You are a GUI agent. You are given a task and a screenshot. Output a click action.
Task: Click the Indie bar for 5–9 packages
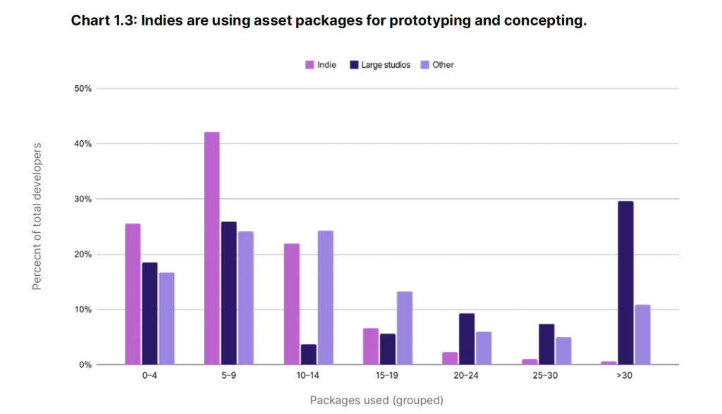(212, 248)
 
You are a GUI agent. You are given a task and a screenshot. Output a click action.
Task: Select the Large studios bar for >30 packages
(626, 283)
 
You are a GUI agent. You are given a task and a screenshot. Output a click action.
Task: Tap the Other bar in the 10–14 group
(326, 298)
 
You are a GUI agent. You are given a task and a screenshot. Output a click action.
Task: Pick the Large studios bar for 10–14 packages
(309, 355)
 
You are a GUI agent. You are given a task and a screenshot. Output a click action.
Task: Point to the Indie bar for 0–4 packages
(133, 294)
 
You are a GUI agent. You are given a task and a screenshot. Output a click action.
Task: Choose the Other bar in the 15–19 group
(405, 328)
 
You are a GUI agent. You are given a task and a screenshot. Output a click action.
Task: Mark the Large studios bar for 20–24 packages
(467, 339)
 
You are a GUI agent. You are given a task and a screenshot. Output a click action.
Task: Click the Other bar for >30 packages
(643, 335)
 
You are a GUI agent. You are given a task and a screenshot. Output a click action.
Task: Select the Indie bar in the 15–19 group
(371, 346)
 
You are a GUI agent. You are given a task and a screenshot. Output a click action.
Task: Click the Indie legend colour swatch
(310, 65)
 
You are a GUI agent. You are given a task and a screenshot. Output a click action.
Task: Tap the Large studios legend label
(386, 65)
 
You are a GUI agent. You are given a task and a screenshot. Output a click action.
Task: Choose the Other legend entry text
(443, 65)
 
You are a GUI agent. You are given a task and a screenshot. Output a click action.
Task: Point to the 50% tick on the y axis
(83, 88)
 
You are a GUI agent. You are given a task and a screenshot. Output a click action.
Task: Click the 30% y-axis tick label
(83, 199)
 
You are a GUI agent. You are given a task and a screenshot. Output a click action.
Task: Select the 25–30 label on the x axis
(545, 375)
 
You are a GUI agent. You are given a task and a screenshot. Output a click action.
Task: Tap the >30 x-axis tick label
(625, 375)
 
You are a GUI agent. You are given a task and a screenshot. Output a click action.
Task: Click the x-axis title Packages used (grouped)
(377, 400)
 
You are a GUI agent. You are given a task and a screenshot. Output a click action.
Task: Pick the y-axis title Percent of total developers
(37, 217)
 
